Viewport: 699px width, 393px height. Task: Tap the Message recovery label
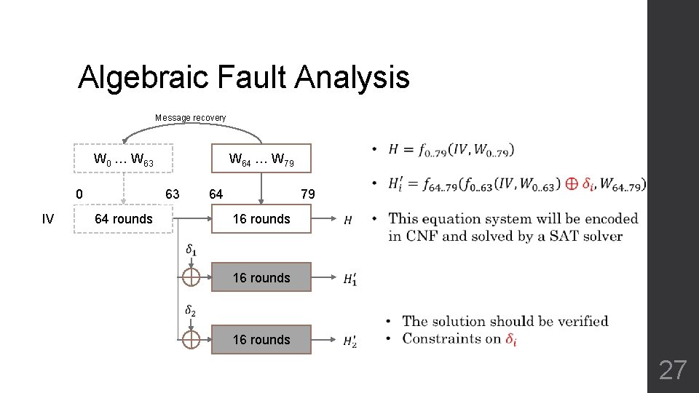click(x=190, y=118)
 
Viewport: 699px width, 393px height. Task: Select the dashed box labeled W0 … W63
click(x=124, y=159)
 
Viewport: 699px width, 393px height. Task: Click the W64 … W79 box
click(x=261, y=159)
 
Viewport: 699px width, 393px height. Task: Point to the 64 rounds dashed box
click(x=124, y=219)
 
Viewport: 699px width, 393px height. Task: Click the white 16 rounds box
click(x=261, y=219)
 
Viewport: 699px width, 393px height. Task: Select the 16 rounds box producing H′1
click(x=261, y=277)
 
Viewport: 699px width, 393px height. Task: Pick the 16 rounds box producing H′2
click(x=261, y=340)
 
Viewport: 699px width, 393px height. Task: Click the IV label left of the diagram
click(x=47, y=219)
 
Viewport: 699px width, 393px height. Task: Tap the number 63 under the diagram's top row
click(x=173, y=194)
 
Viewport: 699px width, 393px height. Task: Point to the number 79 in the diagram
click(x=308, y=194)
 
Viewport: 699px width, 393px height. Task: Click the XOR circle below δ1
click(x=191, y=277)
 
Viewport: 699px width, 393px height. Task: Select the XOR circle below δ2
click(x=191, y=339)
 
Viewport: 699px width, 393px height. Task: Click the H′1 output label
click(x=349, y=278)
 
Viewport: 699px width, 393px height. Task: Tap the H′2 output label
click(x=349, y=340)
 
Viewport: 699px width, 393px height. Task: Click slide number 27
click(x=672, y=370)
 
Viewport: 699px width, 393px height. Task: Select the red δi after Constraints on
click(x=512, y=338)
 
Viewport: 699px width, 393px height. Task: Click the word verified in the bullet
click(x=580, y=321)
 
